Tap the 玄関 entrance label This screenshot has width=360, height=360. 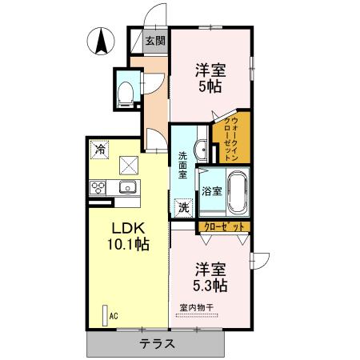point(155,41)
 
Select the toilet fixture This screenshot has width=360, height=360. point(126,94)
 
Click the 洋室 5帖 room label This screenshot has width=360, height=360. point(211,76)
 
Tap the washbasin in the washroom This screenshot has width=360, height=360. point(202,148)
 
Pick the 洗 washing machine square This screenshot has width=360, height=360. point(184,206)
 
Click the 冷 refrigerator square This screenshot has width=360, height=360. point(100,149)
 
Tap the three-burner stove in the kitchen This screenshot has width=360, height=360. point(100,188)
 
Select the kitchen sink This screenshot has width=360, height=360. point(127,188)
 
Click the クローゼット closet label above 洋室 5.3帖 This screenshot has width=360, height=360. point(222,227)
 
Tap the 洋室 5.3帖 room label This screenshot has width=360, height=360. point(210,277)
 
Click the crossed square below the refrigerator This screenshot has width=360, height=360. point(128,166)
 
